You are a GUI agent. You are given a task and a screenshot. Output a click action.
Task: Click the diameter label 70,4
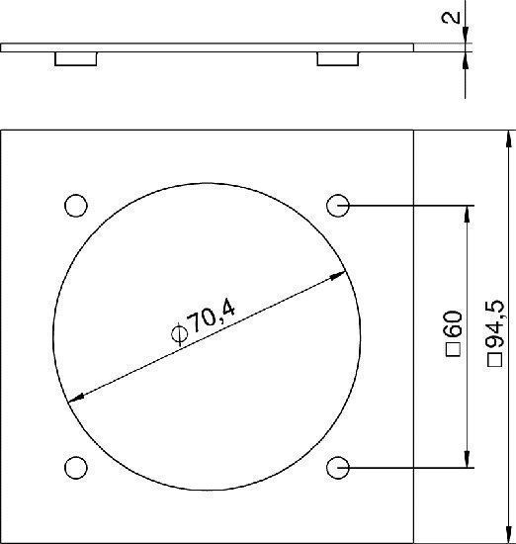(213, 317)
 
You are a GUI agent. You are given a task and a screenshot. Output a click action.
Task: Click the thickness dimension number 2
(451, 18)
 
